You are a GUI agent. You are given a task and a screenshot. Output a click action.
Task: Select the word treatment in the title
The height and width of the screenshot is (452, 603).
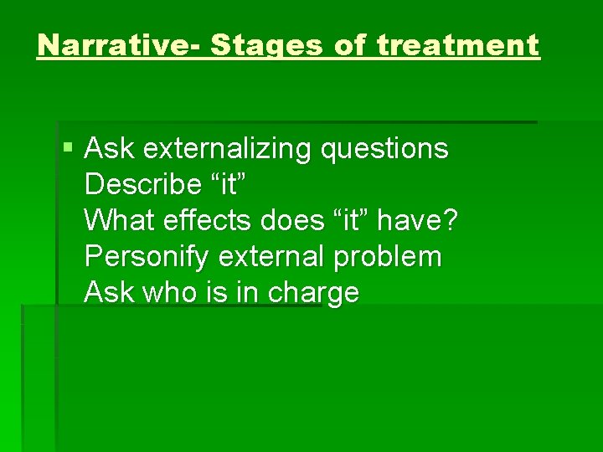coord(458,45)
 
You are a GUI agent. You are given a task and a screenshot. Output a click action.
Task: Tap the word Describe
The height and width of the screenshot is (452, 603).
coord(141,185)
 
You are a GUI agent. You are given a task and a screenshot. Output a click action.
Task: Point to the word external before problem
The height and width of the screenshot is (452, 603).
coord(271,257)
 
